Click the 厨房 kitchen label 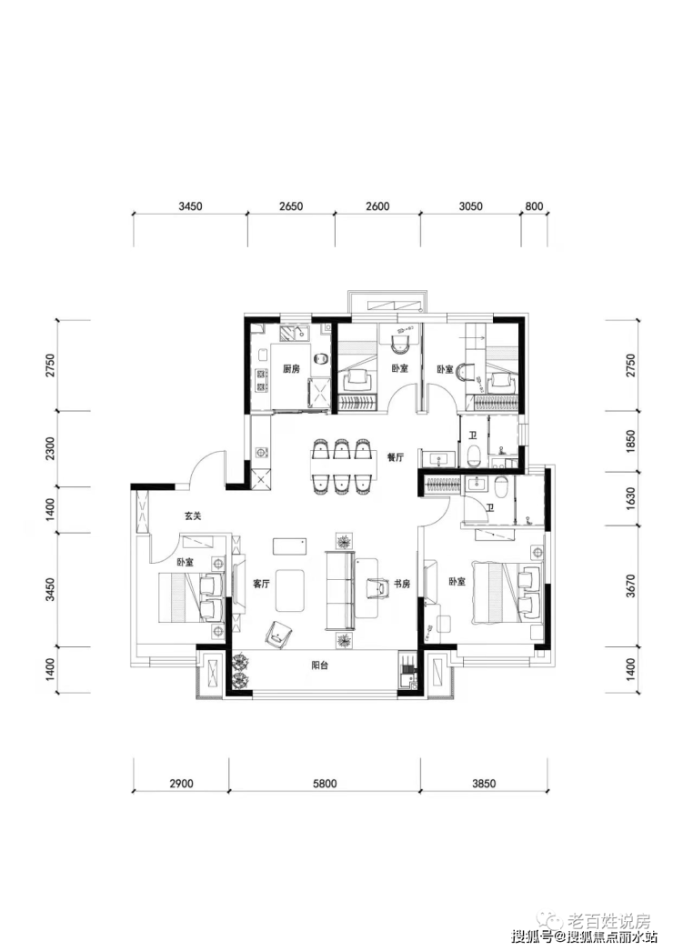[291, 369]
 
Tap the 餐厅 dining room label [395, 458]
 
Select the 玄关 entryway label [192, 516]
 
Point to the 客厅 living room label [261, 584]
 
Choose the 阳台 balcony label [319, 666]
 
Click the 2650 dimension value [290, 207]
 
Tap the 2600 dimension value [377, 207]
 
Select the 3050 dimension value [469, 207]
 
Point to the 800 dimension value [534, 207]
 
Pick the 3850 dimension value [483, 783]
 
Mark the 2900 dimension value [181, 783]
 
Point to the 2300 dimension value [51, 449]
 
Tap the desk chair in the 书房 [377, 587]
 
